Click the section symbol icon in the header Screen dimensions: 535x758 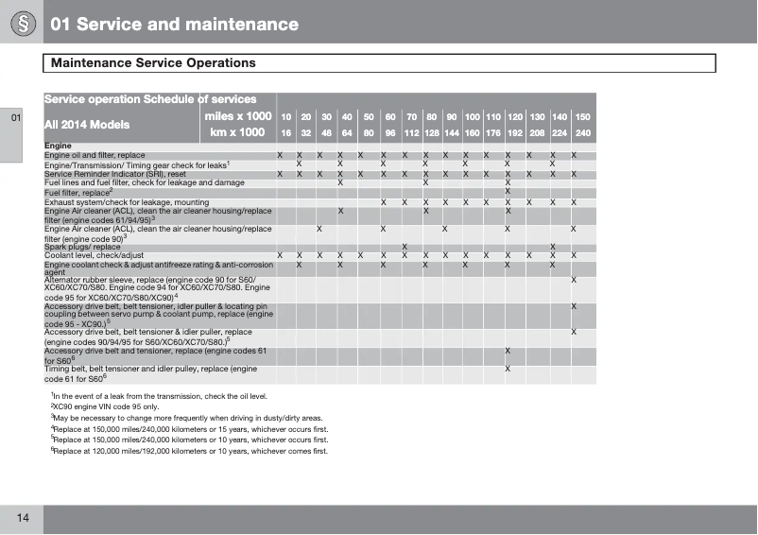20,24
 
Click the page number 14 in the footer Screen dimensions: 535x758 22,517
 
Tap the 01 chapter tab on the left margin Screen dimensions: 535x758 15,119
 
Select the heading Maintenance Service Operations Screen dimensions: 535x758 153,63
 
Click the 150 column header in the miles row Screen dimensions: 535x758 583,116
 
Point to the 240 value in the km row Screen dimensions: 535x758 583,133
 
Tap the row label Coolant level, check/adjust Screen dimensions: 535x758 95,255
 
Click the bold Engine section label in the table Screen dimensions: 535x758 58,146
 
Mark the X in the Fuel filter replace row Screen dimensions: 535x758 508,192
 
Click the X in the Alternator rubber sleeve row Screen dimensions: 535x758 574,280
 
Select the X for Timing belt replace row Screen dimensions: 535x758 508,369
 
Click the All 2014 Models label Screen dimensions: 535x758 89,124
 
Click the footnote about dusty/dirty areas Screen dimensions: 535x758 187,417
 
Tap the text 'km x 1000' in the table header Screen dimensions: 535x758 237,132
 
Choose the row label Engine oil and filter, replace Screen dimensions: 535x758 95,155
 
